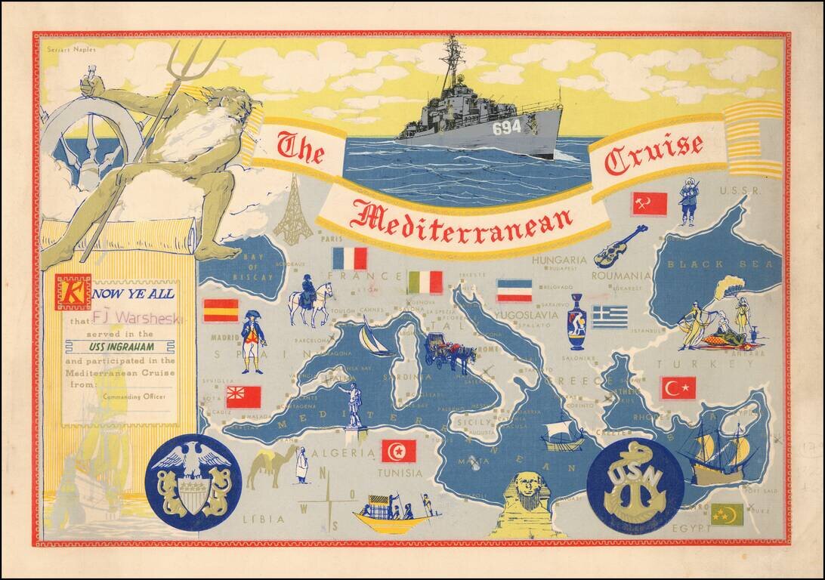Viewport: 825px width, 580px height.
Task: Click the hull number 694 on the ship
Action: [x=507, y=128]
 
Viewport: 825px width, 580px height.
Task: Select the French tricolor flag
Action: [x=349, y=258]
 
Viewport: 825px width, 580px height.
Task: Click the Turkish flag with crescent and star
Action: [x=678, y=388]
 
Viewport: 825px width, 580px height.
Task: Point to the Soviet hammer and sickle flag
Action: [x=650, y=203]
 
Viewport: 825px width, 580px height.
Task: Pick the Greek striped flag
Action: [x=610, y=316]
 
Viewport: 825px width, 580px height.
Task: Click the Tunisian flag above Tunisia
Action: [x=398, y=451]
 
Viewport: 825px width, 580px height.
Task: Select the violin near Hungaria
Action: [x=620, y=246]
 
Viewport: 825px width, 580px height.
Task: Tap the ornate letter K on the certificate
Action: [x=73, y=292]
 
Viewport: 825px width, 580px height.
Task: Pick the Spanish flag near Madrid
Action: [x=221, y=310]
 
